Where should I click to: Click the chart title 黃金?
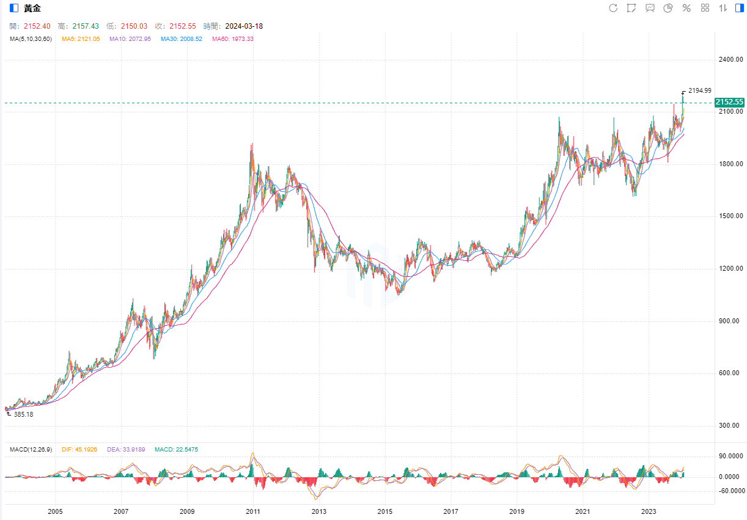[x=32, y=8]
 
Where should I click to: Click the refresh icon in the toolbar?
[x=613, y=8]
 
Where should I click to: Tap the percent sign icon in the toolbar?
[x=686, y=8]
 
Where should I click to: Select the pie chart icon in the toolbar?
[x=668, y=8]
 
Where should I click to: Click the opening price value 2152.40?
[x=37, y=26]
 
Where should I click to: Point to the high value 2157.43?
[x=86, y=26]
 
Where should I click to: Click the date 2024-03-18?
[x=244, y=26]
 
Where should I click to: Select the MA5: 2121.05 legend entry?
[x=81, y=39]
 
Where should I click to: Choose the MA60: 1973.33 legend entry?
[x=232, y=39]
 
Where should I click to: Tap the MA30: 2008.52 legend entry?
[x=181, y=39]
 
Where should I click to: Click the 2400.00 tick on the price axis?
[x=731, y=60]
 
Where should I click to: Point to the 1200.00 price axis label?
[x=731, y=269]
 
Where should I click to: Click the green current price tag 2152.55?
[x=729, y=102]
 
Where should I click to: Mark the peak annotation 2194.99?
[x=699, y=90]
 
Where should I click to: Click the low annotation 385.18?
[x=23, y=414]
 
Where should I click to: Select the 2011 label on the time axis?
[x=253, y=511]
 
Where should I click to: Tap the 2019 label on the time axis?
[x=517, y=511]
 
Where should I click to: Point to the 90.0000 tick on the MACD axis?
[x=731, y=456]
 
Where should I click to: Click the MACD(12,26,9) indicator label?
[x=31, y=450]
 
